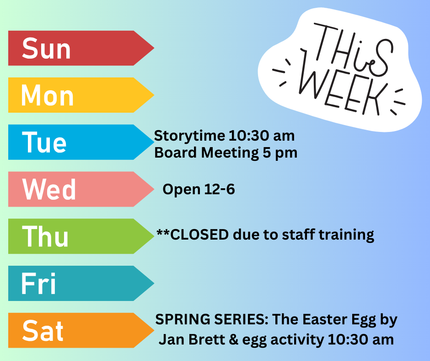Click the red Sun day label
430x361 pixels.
pos(81,48)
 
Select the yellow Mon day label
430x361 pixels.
pos(81,95)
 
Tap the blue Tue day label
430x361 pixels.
pos(81,142)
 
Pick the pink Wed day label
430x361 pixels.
pos(81,189)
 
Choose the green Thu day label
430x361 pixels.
pos(81,236)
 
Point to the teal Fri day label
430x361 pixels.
pos(81,283)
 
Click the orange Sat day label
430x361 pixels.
pos(81,330)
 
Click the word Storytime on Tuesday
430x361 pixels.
pos(189,136)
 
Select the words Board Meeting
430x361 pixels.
pos(206,153)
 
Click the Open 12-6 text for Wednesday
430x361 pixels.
pos(199,190)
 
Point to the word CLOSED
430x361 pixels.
pos(199,235)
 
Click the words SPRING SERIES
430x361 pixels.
pos(212,319)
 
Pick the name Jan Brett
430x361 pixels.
pos(192,339)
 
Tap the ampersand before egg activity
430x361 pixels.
pos(233,340)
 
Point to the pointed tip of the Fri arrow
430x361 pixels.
pos(154,283)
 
